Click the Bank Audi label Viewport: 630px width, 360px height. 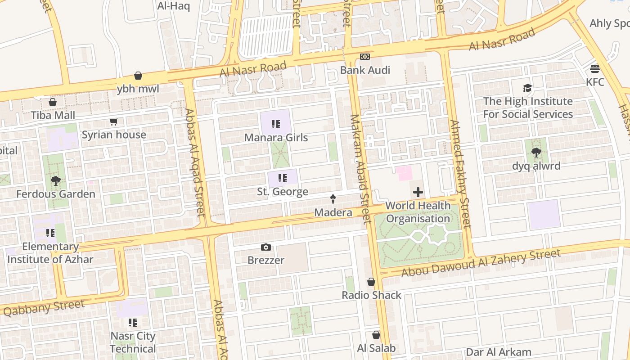pyautogui.click(x=365, y=70)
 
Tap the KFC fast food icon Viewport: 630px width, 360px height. pyautogui.click(x=595, y=69)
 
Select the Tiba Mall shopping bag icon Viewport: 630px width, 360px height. pyautogui.click(x=53, y=103)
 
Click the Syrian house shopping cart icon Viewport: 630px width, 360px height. pyautogui.click(x=114, y=122)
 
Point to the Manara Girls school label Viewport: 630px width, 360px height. pyautogui.click(x=276, y=138)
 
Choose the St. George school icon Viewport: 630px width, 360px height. pyautogui.click(x=283, y=178)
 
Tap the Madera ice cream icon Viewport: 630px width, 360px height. pyautogui.click(x=333, y=199)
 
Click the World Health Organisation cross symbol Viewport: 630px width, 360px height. pyautogui.click(x=418, y=193)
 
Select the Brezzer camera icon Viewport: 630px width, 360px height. pyautogui.click(x=266, y=247)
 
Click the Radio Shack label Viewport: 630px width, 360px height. pyautogui.click(x=371, y=295)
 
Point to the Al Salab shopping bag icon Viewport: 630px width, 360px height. pyautogui.click(x=376, y=335)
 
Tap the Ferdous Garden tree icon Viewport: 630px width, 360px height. pyautogui.click(x=56, y=181)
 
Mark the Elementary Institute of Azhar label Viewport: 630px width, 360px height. pyautogui.click(x=50, y=253)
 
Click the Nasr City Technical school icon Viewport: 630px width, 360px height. pyautogui.click(x=133, y=323)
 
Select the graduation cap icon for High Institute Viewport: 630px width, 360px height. pyautogui.click(x=527, y=88)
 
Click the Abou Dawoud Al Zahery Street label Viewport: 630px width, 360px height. pyautogui.click(x=481, y=263)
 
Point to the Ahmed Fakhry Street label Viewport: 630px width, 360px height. pyautogui.click(x=460, y=173)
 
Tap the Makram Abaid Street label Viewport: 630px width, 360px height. pyautogui.click(x=360, y=169)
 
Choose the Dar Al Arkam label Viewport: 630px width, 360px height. pyautogui.click(x=499, y=352)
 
